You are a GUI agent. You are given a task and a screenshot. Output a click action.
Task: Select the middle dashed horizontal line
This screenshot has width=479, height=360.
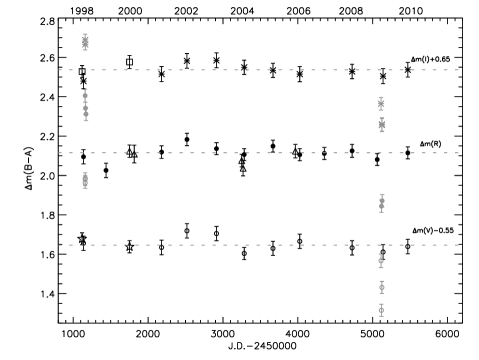point(258,153)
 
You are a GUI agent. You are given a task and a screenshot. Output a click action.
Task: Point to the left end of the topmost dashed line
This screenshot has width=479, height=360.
point(59,70)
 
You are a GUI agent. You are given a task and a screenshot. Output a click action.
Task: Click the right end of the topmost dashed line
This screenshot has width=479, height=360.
point(458,70)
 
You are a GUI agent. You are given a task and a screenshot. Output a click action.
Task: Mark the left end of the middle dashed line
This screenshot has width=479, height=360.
point(59,153)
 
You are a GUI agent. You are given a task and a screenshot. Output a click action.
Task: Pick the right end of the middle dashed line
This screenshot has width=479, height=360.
point(458,153)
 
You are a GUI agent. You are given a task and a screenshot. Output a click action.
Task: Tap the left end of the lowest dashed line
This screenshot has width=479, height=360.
point(59,245)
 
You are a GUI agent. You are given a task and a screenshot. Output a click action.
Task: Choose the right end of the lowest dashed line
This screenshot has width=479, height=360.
point(458,245)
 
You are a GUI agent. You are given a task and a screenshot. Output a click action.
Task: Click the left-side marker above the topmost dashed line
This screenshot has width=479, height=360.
point(85,42)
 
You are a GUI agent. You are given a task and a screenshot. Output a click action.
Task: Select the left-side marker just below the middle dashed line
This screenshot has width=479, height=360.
point(85,180)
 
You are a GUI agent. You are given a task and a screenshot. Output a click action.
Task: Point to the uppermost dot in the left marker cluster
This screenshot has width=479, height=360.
point(85,96)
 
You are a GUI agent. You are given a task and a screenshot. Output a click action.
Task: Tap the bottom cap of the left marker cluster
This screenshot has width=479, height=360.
point(86,121)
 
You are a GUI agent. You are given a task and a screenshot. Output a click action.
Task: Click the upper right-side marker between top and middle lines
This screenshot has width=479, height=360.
point(381,103)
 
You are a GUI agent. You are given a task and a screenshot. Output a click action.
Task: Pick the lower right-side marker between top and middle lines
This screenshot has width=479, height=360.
point(382,125)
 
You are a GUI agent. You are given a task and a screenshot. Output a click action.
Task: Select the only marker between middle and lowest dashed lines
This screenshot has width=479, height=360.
point(382,203)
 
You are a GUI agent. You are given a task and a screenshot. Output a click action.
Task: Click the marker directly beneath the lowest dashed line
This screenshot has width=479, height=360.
point(381,261)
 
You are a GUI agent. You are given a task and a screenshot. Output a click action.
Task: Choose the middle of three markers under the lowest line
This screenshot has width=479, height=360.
point(382,287)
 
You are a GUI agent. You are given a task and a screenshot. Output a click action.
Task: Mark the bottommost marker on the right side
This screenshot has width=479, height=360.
point(381,310)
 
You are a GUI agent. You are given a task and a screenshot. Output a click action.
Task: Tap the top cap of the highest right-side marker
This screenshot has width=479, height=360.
point(381,97)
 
